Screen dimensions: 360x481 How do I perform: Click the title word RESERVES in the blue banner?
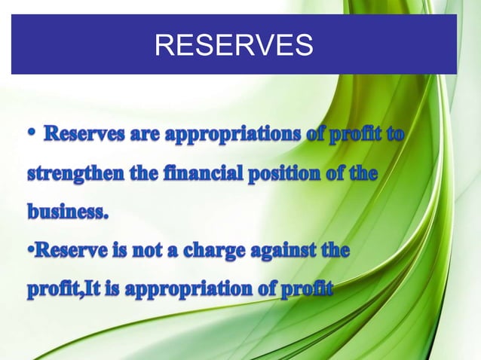(233, 46)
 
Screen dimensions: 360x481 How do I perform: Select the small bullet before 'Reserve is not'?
(32, 249)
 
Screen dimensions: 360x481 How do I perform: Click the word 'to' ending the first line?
(393, 137)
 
